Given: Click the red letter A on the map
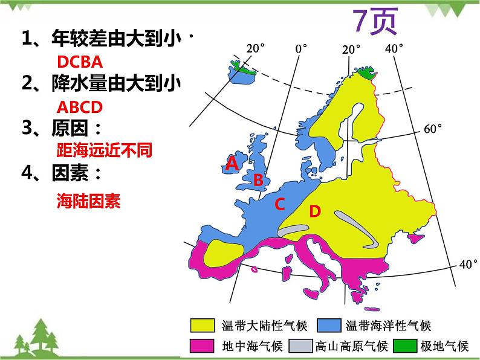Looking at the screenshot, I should [x=231, y=164].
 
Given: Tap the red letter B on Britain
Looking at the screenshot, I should [x=258, y=179].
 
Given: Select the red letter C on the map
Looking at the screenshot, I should [x=279, y=205].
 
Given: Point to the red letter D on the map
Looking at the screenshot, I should [x=314, y=211].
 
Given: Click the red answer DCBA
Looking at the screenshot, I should [x=79, y=62].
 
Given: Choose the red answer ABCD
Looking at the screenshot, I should [x=79, y=108].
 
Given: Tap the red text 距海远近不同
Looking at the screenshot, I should [x=103, y=150].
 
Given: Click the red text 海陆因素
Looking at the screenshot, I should [x=88, y=201].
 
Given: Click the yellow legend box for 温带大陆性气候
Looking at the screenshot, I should [x=203, y=326].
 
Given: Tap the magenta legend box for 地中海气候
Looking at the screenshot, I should [x=203, y=346].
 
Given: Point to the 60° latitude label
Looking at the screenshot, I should [x=433, y=129].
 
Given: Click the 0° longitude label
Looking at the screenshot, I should [x=300, y=48].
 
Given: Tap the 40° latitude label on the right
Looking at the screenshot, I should [x=468, y=264].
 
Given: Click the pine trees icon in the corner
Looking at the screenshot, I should [x=33, y=338].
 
